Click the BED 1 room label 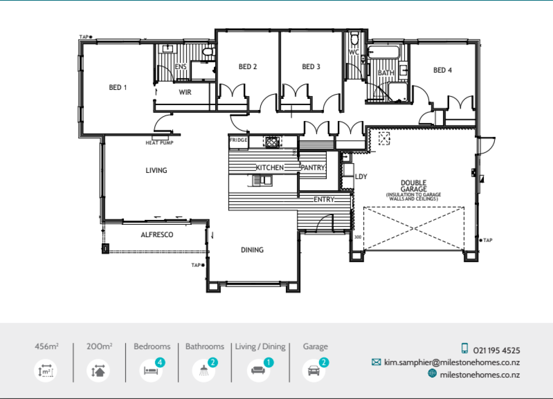[118, 87]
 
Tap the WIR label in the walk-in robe [185, 93]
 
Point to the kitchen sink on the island [262, 180]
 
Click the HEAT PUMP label [159, 143]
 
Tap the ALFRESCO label [157, 235]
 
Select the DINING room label [252, 250]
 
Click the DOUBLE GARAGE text [413, 186]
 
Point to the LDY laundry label [361, 176]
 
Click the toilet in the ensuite [209, 52]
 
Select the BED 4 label [442, 70]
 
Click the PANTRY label [313, 168]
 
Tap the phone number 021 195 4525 [496, 350]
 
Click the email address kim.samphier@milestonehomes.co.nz [452, 362]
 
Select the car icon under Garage [314, 370]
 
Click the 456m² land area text [46, 346]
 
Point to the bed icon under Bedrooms [150, 370]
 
